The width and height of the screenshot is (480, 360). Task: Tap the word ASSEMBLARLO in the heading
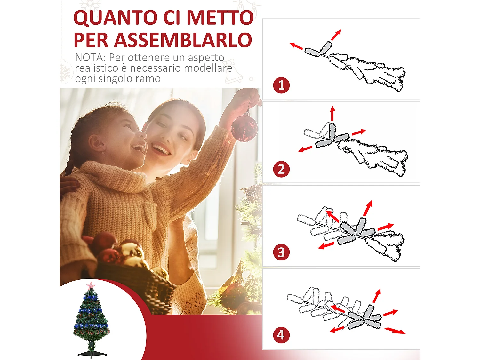click(183, 40)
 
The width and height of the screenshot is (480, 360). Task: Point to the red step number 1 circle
click(281, 85)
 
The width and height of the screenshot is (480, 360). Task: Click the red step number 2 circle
click(281, 169)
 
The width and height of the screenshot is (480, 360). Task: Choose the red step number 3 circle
click(281, 252)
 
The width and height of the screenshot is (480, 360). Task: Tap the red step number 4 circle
click(281, 335)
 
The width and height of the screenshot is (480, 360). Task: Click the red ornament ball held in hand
click(244, 128)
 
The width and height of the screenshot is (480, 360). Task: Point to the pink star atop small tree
click(91, 285)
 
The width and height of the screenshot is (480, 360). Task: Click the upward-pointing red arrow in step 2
click(332, 113)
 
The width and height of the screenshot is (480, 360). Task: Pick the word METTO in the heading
click(220, 18)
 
